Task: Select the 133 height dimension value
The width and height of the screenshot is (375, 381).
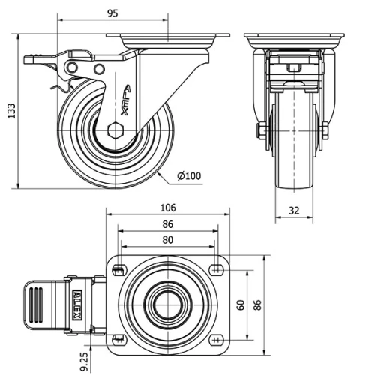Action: tap(10, 111)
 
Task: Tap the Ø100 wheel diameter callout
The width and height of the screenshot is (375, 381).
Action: tap(189, 176)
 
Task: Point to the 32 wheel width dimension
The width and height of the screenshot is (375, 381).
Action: tap(294, 211)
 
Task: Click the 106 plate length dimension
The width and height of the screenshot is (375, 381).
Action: tap(168, 207)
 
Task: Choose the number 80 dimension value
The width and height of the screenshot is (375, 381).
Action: tap(168, 240)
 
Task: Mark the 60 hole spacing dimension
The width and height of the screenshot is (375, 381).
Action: tap(241, 304)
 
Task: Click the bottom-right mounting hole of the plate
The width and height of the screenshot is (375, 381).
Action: tap(217, 339)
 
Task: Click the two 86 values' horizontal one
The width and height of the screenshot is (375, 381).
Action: tap(168, 223)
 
